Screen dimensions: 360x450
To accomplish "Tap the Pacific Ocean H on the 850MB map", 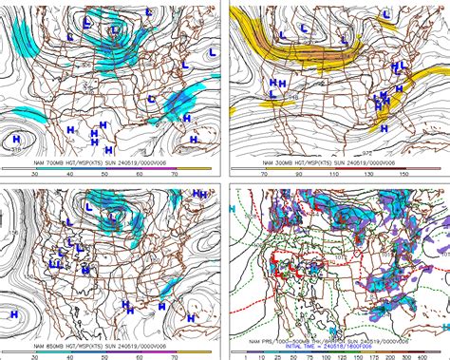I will [x=14, y=313].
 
